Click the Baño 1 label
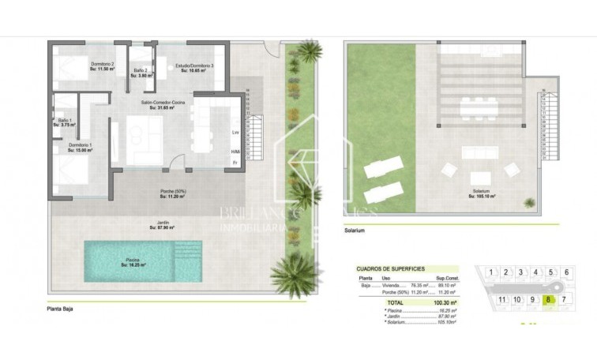[x=63, y=122]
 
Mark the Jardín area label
[x=162, y=225]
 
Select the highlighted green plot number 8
[x=547, y=299]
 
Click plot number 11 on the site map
[x=502, y=299]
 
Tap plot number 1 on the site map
[x=491, y=272]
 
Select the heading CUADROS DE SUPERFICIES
[x=391, y=268]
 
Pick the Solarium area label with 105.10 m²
[x=481, y=193]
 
